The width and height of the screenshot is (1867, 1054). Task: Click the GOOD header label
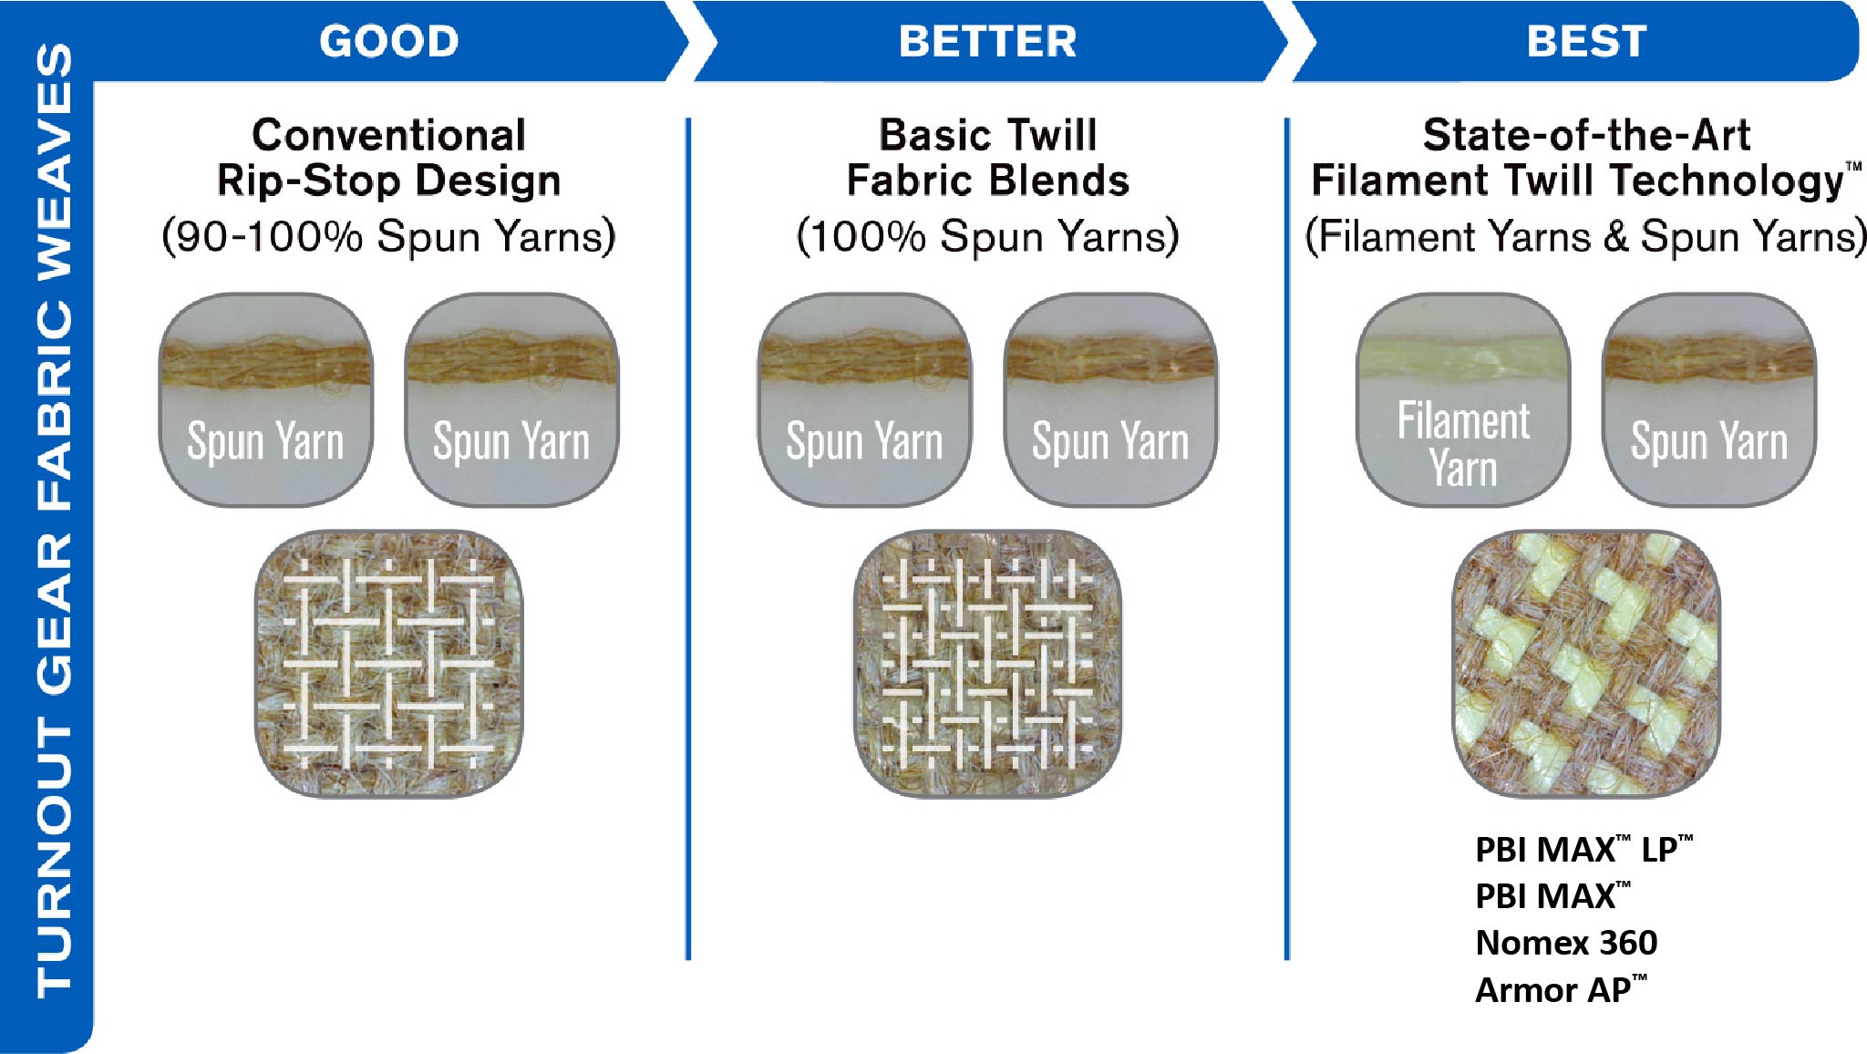(x=389, y=42)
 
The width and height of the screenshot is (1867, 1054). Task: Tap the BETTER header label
(x=988, y=42)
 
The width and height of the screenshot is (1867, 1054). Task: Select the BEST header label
(x=1587, y=42)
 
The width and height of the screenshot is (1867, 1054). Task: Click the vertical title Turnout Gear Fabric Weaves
(x=54, y=520)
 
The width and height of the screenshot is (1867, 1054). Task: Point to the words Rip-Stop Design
(x=389, y=181)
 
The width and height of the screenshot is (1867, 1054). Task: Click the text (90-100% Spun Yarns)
(x=389, y=236)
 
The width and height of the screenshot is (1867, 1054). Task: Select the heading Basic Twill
(x=988, y=135)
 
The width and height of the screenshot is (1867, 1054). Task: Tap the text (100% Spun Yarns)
(x=988, y=236)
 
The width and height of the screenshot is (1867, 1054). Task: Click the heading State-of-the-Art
(x=1586, y=135)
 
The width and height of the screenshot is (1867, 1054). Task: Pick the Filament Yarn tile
(x=1464, y=399)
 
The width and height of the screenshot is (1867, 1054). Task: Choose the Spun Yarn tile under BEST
(x=1709, y=399)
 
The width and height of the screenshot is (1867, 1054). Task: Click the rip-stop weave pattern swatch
(x=389, y=664)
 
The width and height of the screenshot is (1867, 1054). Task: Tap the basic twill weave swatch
(x=988, y=664)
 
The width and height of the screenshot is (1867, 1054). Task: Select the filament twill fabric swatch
(x=1586, y=664)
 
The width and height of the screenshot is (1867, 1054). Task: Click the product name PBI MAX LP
(x=1584, y=849)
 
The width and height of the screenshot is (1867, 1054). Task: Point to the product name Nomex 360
(x=1566, y=943)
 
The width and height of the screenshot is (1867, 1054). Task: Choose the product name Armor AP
(x=1562, y=989)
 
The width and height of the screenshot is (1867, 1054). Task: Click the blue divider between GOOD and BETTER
(x=688, y=538)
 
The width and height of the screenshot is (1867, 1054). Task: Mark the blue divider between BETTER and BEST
(x=1287, y=538)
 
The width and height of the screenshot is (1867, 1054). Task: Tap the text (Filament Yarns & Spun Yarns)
(x=1586, y=236)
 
